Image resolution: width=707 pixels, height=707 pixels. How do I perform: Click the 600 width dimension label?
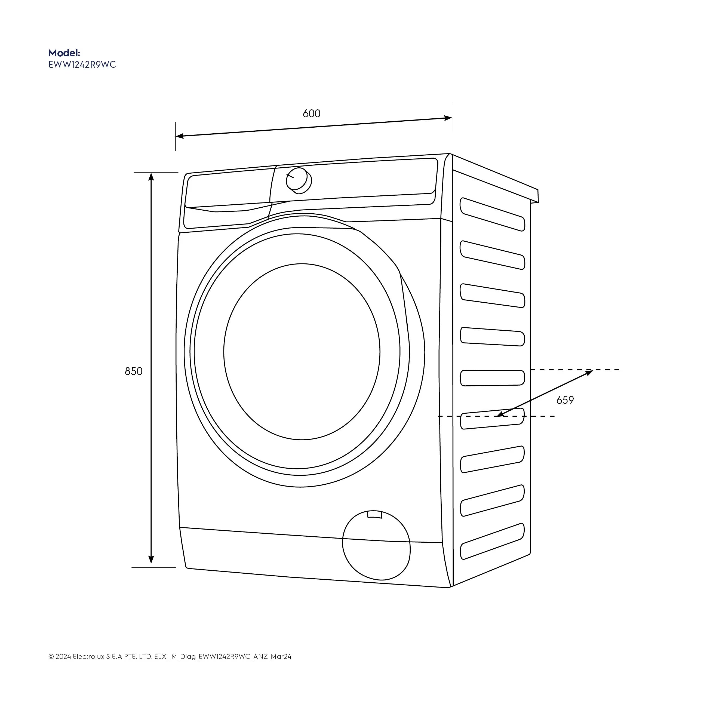pos(311,114)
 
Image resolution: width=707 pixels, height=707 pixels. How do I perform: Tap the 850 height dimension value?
pos(134,371)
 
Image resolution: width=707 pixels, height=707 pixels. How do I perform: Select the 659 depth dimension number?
pos(565,400)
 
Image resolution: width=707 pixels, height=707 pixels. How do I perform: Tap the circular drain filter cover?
pos(376,545)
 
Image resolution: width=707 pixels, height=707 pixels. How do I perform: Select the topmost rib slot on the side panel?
pos(492,214)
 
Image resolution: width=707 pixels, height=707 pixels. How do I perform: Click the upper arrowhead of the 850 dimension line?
pos(151,177)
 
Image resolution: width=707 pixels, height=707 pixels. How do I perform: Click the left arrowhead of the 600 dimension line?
pos(180,136)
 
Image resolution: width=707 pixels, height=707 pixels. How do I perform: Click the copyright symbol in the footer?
pos(51,667)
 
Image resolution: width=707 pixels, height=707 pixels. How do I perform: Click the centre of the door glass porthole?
pos(302,352)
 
